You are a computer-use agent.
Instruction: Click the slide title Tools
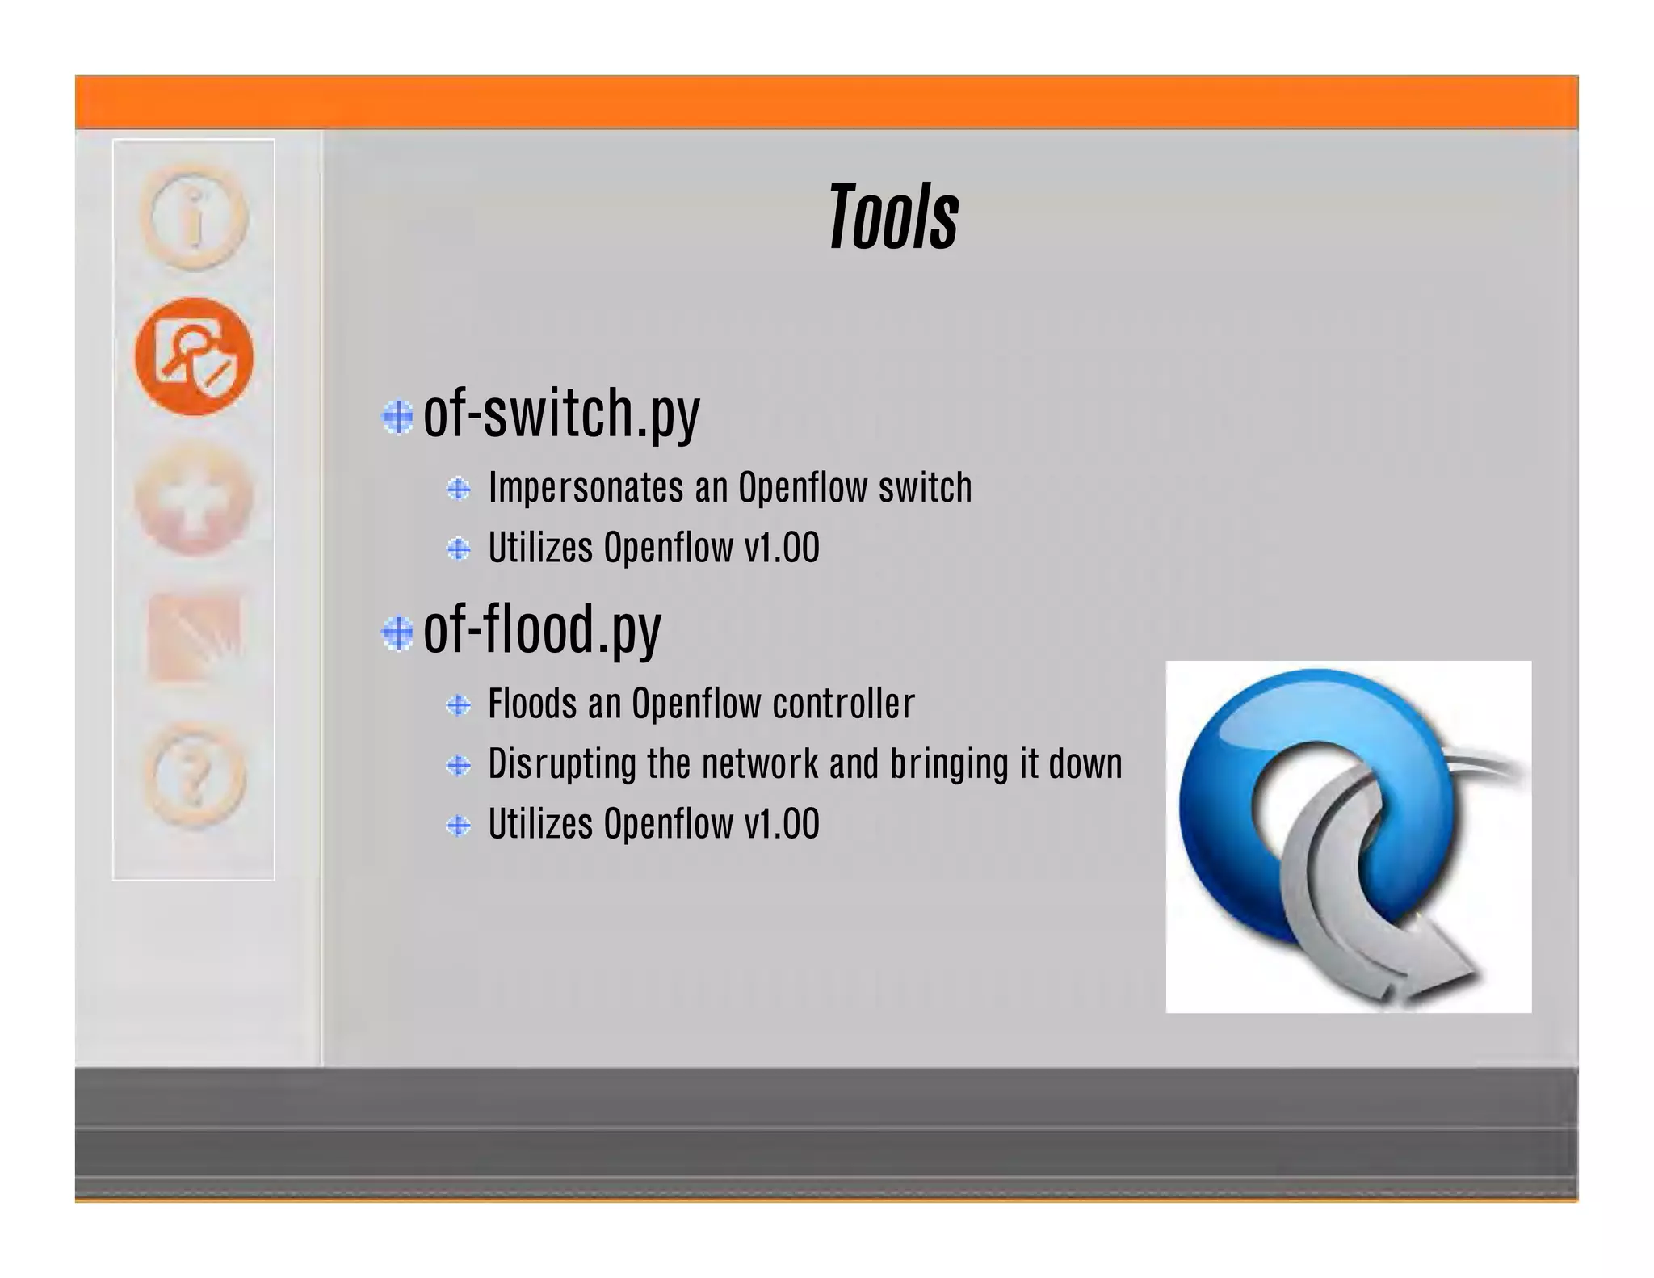893,217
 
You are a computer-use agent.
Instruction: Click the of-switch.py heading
561,414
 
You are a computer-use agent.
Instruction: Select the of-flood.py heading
542,629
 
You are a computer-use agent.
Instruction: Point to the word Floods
533,704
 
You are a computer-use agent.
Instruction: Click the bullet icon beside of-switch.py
397,417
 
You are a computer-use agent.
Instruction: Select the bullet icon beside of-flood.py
397,633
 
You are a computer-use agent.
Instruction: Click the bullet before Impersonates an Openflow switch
459,489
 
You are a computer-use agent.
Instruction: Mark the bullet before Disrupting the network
459,765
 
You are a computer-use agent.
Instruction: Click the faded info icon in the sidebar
194,217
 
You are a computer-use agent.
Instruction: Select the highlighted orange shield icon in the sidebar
194,356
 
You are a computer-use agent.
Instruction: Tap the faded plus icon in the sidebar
194,498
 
